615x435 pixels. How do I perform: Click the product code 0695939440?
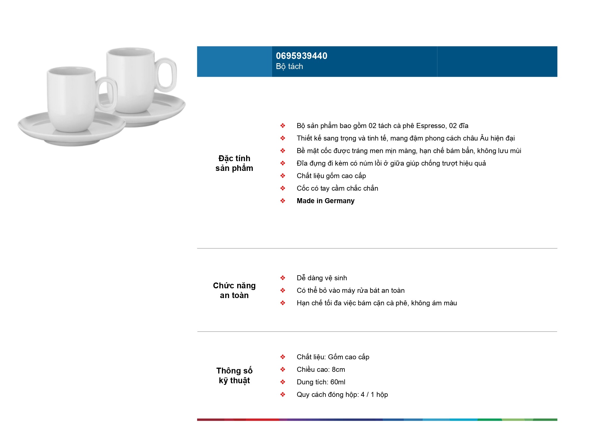(x=302, y=56)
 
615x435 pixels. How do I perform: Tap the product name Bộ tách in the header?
(x=289, y=67)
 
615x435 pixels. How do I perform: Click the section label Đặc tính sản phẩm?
(x=234, y=163)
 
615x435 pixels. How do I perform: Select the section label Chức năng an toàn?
(x=234, y=290)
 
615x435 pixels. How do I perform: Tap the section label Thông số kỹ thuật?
(x=234, y=376)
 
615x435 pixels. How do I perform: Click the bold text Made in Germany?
(x=325, y=201)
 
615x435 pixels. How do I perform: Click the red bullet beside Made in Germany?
(x=283, y=201)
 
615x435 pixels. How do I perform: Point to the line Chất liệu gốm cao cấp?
(x=331, y=176)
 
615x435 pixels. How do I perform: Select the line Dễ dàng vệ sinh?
(x=322, y=278)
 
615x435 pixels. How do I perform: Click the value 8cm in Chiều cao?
(x=338, y=370)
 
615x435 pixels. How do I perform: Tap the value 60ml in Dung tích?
(x=338, y=382)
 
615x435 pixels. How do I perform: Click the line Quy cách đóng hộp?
(x=342, y=395)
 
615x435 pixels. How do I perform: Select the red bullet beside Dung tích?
(x=283, y=382)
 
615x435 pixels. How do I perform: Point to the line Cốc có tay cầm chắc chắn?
(x=337, y=188)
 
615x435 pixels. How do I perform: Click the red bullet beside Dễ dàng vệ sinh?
(x=283, y=278)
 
